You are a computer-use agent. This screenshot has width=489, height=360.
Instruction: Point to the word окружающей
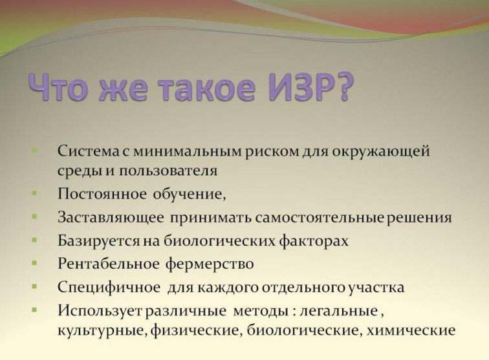381,153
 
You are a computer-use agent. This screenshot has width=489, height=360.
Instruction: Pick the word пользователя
168,171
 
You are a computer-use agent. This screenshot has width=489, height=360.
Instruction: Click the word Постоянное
102,194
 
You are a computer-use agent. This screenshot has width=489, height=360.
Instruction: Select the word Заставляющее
111,218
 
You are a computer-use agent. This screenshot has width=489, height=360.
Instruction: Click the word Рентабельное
108,264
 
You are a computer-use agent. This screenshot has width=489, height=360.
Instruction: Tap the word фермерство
210,264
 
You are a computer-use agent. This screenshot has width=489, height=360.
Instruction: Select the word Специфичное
109,288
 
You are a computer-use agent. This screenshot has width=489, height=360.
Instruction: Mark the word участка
376,288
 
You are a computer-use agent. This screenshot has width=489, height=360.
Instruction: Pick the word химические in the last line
411,330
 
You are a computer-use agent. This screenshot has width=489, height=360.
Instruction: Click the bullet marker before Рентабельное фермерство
35,264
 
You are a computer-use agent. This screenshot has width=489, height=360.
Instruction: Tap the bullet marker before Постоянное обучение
35,193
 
